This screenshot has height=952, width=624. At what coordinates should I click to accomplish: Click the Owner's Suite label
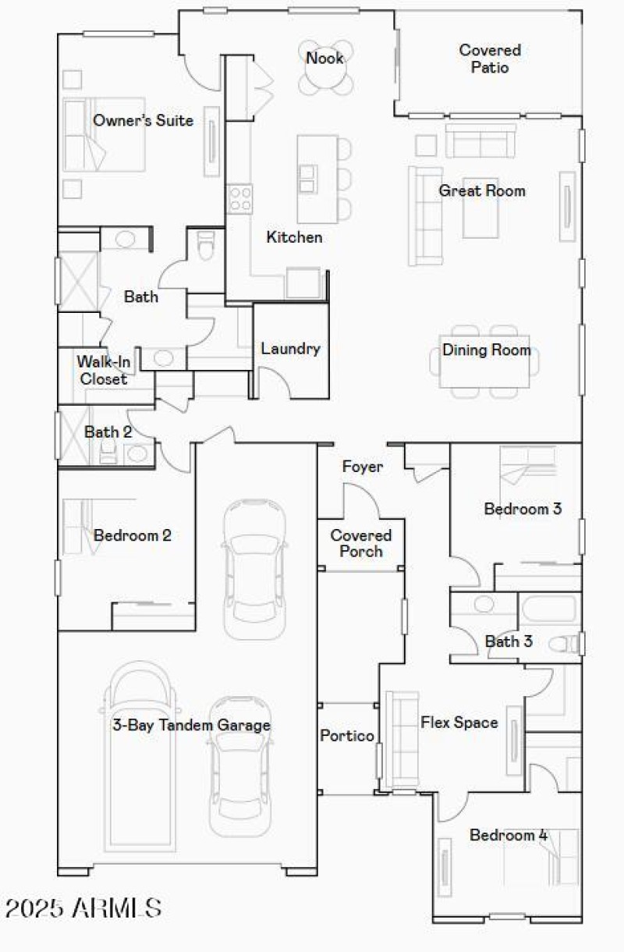[x=143, y=121]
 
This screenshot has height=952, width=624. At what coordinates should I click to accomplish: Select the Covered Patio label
[x=490, y=59]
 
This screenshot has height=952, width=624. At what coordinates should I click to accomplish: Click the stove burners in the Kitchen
[x=239, y=198]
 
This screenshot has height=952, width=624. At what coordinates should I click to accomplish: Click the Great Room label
[x=482, y=190]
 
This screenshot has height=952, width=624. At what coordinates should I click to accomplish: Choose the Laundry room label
[x=290, y=349]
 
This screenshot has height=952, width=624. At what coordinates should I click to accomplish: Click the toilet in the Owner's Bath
[x=206, y=247]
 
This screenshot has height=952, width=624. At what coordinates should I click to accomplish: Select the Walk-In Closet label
[x=101, y=370]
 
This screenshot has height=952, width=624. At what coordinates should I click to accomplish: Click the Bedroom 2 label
[x=133, y=535]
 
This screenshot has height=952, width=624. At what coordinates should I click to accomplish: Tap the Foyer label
[x=363, y=467]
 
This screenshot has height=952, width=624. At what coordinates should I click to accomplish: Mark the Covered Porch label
[x=361, y=543]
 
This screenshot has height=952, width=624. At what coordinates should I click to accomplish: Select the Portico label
[x=347, y=736]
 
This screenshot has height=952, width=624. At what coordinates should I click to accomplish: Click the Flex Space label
[x=459, y=723]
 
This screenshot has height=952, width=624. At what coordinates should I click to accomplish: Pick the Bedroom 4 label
[x=509, y=836]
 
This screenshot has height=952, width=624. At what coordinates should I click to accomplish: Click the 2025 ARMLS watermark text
[x=83, y=908]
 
